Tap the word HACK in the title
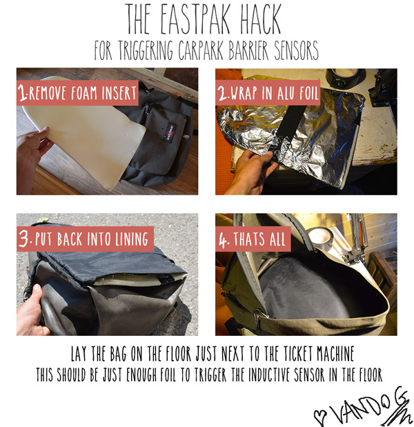[260, 19]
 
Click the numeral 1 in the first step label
[22, 92]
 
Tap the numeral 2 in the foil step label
[223, 92]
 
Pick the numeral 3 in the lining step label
[24, 238]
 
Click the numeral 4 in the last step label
[224, 239]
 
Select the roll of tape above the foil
[346, 77]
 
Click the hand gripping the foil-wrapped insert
[249, 172]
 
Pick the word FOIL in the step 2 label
[308, 92]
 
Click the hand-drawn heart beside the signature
[319, 417]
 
